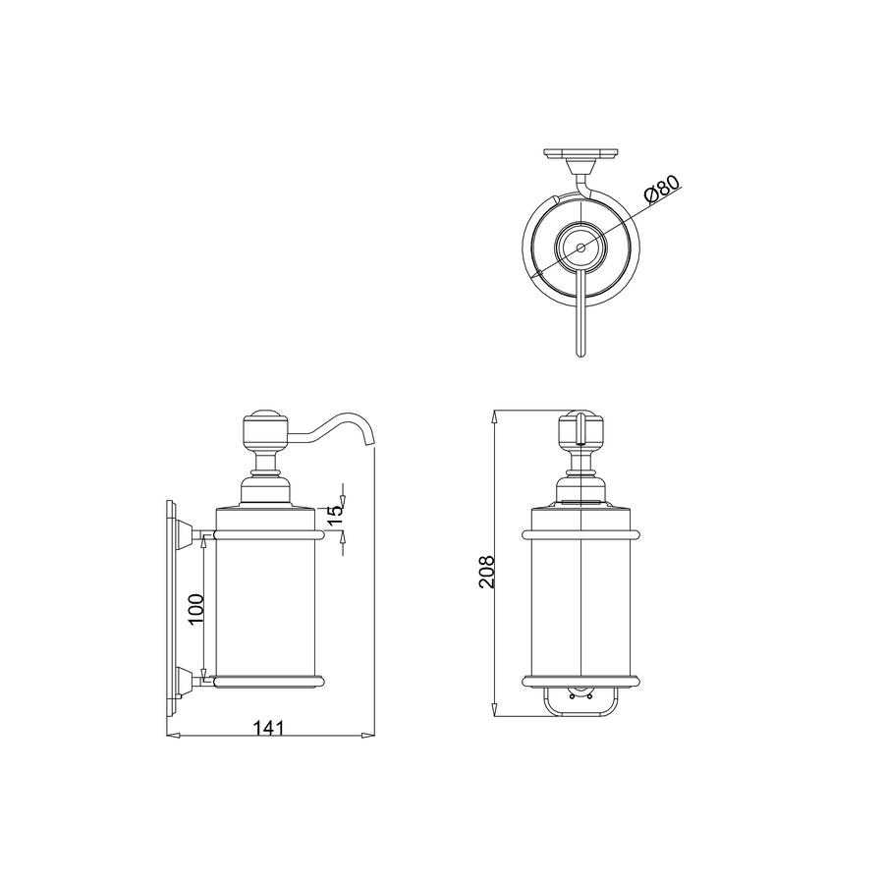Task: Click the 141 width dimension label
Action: [267, 728]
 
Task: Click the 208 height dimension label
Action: [486, 573]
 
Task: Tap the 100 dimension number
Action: [196, 609]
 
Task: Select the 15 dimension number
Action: [335, 515]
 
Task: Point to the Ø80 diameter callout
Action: [662, 188]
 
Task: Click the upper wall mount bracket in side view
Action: [185, 534]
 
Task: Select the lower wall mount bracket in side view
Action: [185, 681]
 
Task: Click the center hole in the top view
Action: [580, 248]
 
